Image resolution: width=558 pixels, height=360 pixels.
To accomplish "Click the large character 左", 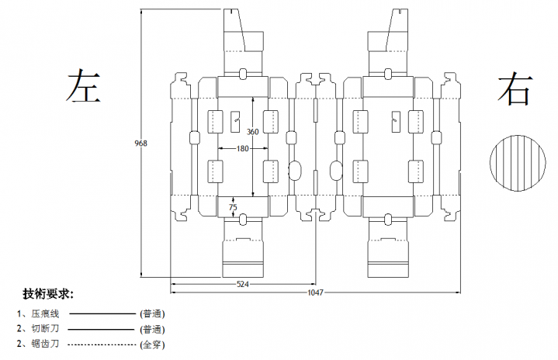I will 84,87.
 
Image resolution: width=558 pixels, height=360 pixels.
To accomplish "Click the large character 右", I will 515,88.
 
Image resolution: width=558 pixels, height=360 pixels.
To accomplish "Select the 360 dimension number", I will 252,131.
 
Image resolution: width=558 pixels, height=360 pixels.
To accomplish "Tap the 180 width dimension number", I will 243,148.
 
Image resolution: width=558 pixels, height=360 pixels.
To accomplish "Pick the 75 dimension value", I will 233,207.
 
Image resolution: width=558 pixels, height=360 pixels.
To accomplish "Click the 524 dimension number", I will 243,285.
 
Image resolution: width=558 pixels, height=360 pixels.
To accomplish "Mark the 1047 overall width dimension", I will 315,292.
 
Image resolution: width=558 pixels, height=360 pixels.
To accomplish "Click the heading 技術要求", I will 48,294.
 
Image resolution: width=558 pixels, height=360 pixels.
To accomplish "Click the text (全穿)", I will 152,344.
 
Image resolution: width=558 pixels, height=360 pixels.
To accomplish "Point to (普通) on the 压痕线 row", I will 152,314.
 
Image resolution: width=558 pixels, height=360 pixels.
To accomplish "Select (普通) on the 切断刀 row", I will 152,329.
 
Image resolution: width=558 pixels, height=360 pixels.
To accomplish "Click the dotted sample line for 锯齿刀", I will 103,344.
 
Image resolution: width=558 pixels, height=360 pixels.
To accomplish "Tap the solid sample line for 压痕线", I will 103,314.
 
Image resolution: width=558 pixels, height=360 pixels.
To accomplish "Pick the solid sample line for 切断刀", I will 103,329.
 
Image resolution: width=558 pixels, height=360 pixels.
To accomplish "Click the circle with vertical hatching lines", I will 515,164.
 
